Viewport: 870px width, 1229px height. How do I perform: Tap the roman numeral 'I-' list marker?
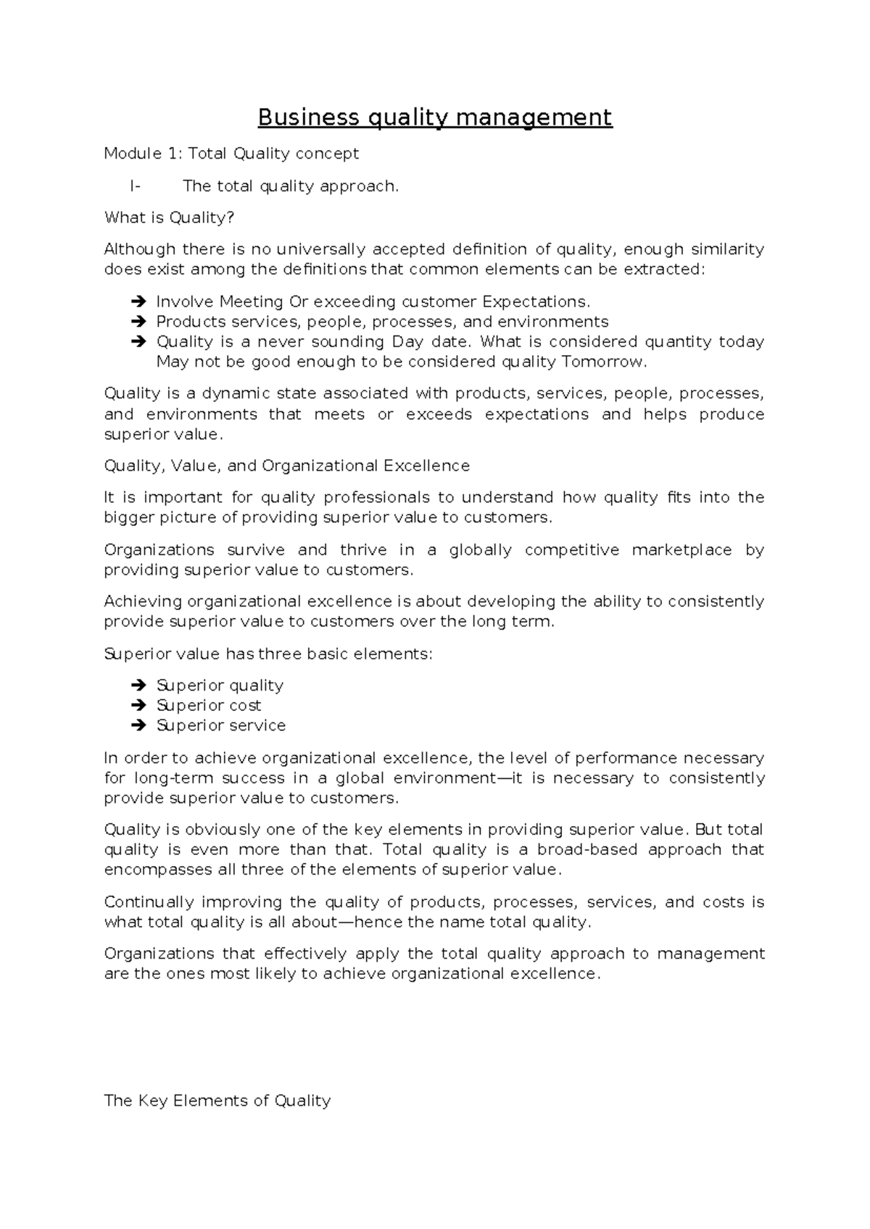coord(136,186)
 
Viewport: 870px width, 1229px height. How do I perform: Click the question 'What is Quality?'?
coord(170,217)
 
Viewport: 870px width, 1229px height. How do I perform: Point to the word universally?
coord(319,249)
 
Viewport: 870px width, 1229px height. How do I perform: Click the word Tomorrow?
coord(603,362)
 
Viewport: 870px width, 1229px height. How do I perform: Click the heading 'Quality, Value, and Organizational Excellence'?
coord(287,466)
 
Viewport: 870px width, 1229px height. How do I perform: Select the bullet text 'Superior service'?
coord(221,725)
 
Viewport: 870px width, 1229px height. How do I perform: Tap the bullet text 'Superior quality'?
coord(220,686)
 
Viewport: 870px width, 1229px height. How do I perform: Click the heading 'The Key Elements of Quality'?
coord(217,1101)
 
